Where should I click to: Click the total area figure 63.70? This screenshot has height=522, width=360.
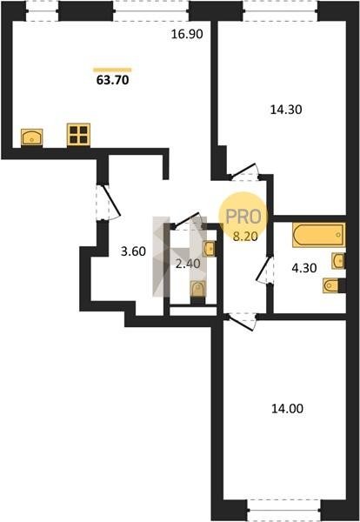pos(112,80)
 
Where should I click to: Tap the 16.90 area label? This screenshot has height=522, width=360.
pos(187,34)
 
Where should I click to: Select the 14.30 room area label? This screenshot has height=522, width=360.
pos(286,110)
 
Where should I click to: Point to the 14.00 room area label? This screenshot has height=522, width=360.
pos(287,409)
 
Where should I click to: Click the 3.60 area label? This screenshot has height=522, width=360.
pos(133,251)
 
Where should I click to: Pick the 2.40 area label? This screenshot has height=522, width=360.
pos(188,264)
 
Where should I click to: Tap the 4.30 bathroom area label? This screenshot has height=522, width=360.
pos(304,268)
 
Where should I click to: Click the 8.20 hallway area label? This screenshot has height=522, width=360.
pos(245,237)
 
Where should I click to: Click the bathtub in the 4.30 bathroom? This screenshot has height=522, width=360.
pos(319,235)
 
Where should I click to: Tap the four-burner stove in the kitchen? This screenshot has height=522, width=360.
pos(78,135)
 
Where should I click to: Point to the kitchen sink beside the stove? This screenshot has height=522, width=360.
pos(32,137)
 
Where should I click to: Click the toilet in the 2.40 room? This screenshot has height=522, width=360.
pos(197,289)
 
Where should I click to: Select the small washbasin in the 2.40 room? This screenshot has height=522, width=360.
pos(209,249)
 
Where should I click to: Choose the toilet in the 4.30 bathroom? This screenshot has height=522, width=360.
pos(331,285)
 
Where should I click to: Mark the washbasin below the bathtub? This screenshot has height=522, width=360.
pos(338,260)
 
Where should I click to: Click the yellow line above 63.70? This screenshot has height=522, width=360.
pos(112,70)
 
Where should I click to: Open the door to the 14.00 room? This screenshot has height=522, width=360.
pos(240,322)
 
